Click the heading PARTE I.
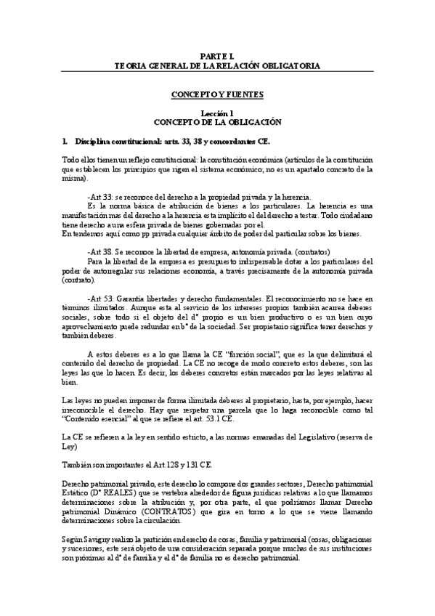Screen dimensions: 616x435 (217, 56)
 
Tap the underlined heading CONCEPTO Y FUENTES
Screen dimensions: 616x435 (217, 94)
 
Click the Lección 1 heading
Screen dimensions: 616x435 (217, 113)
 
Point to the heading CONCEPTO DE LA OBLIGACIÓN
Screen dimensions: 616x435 (217, 123)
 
